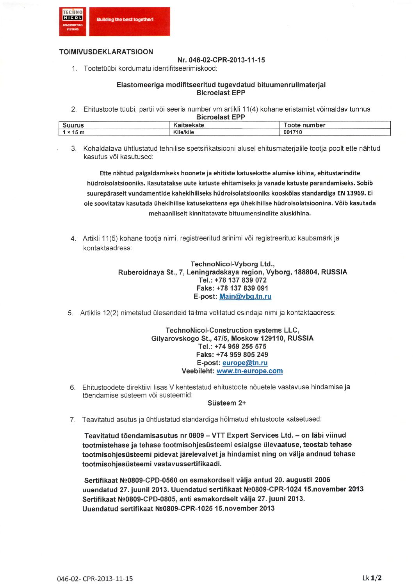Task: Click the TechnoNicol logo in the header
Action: click(73, 21)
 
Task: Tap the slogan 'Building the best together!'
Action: click(125, 20)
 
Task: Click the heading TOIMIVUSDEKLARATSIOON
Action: click(106, 52)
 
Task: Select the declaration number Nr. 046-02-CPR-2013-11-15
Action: click(221, 60)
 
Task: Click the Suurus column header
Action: click(73, 125)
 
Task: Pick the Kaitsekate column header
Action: click(189, 125)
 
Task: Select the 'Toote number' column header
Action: click(304, 125)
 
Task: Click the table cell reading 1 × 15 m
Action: click(73, 132)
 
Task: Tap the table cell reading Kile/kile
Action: click(183, 132)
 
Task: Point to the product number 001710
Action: click(293, 132)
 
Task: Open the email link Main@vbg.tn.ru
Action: click(245, 296)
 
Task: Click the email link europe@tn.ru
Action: click(245, 363)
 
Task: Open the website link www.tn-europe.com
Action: click(249, 371)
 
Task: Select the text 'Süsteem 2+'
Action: click(226, 403)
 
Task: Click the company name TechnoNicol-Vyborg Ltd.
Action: click(232, 264)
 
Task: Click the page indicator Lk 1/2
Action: click(372, 578)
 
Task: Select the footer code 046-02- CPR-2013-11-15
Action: click(95, 579)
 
